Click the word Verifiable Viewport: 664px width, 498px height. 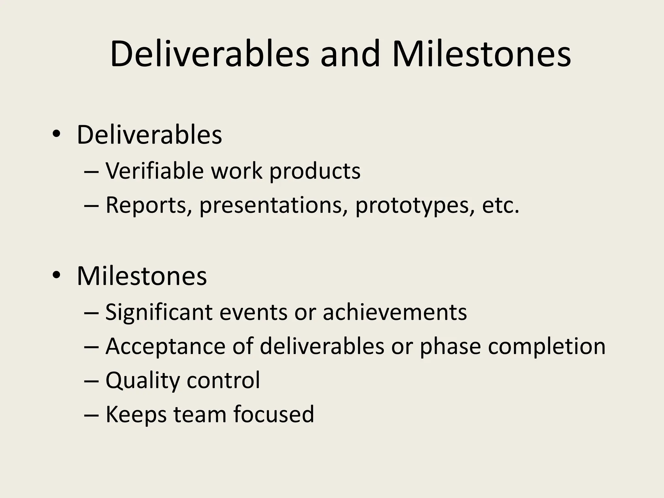[x=155, y=171]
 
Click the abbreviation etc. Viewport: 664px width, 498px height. [x=500, y=205]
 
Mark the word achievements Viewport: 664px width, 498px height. [x=395, y=312]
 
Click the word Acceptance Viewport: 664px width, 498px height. [x=165, y=347]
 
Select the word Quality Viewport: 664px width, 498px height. [x=143, y=381]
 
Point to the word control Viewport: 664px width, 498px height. [x=223, y=380]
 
